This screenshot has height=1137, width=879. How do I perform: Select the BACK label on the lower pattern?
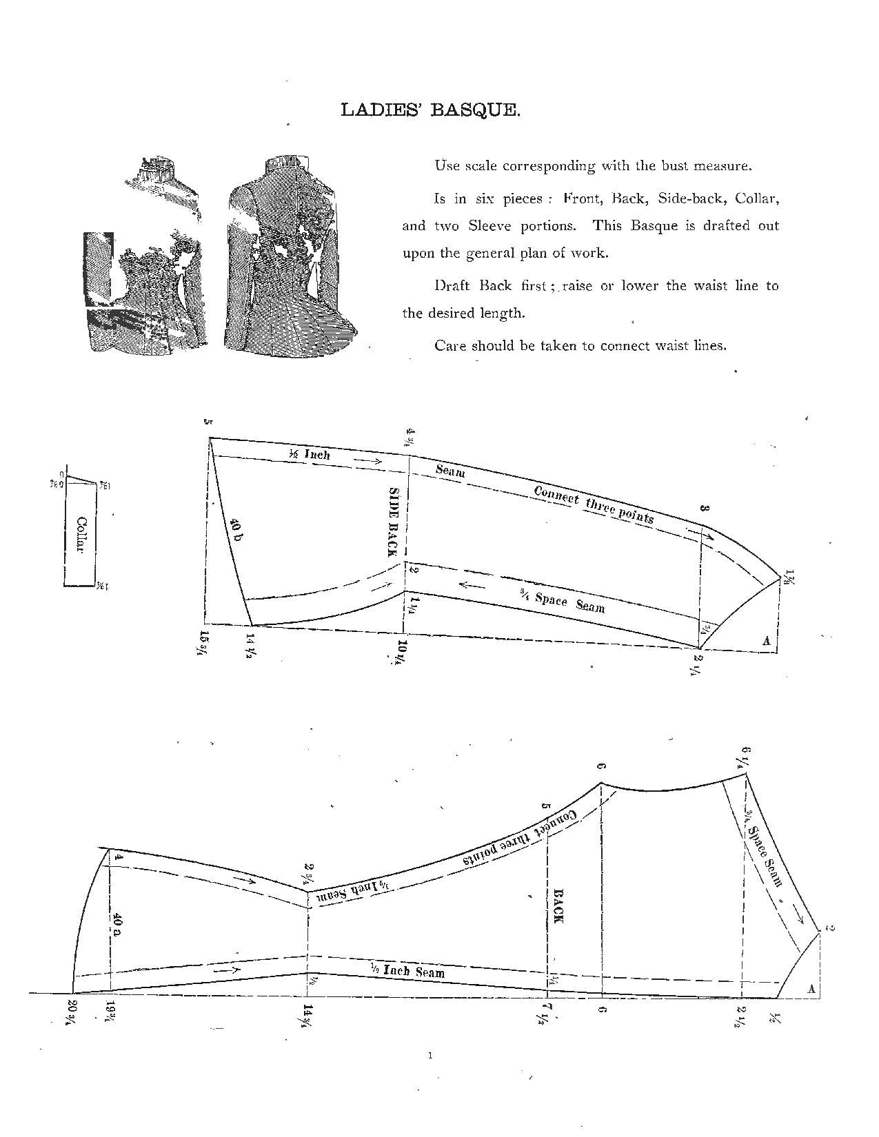[x=558, y=905]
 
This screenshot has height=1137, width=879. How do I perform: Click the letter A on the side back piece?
[x=766, y=641]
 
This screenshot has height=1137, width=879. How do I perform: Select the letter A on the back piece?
[x=811, y=989]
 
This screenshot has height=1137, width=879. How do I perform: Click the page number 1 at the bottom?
[x=430, y=1054]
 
